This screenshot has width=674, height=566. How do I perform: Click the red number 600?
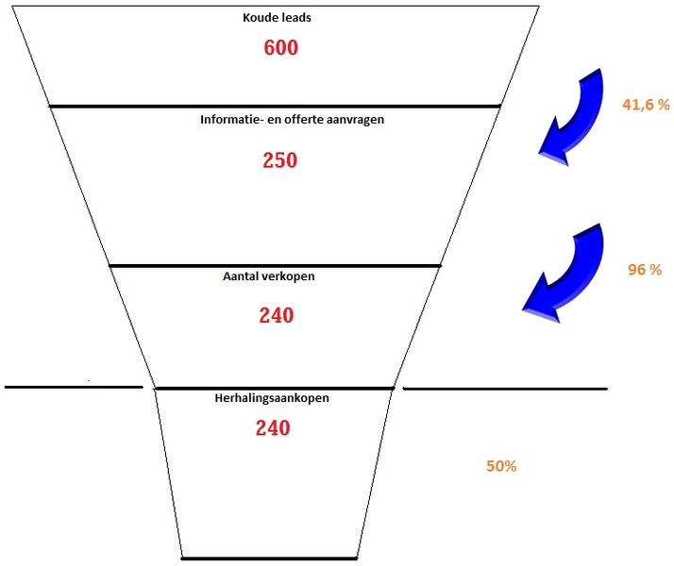tap(280, 47)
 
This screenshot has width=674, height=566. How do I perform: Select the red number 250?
tap(279, 160)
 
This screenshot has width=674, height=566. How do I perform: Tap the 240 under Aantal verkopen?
tap(276, 315)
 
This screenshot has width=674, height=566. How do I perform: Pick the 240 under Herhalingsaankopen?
tap(273, 427)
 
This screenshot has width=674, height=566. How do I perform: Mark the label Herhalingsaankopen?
tap(273, 398)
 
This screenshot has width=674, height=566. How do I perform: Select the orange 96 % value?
tap(645, 269)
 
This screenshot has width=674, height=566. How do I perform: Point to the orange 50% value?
tap(501, 466)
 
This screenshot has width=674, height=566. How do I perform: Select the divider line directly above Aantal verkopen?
tap(275, 266)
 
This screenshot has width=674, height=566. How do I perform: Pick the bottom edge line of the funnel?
tap(270, 558)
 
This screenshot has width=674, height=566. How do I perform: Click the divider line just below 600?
tap(275, 106)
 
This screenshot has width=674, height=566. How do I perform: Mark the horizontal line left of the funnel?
tap(74, 387)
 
